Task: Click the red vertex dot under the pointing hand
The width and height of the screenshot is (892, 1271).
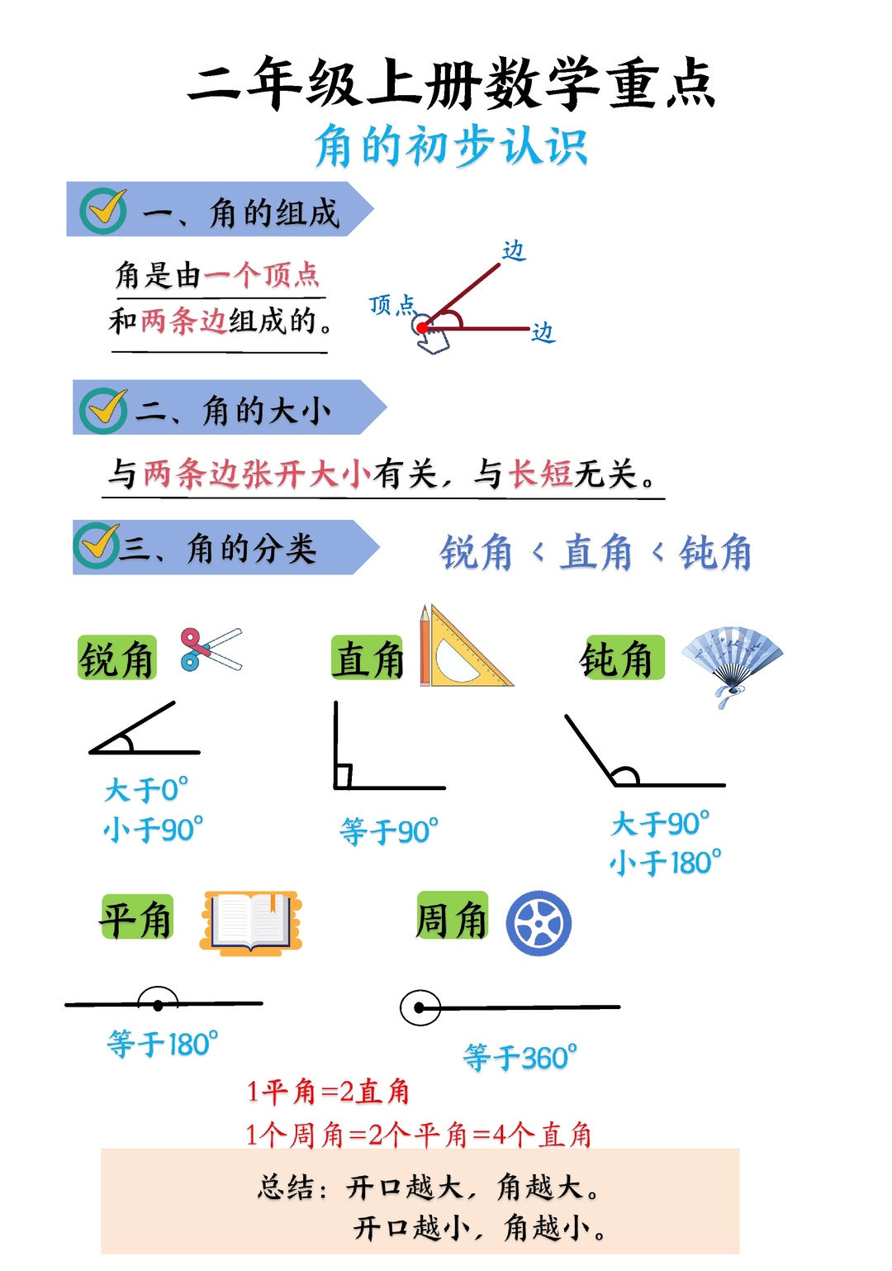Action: click(x=422, y=327)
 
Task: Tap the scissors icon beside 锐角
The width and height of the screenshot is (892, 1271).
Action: click(x=211, y=649)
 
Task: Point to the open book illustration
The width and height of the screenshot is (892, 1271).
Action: click(x=250, y=922)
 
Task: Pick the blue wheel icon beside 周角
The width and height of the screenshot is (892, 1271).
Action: click(x=539, y=923)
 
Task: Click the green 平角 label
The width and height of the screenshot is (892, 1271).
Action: click(x=137, y=917)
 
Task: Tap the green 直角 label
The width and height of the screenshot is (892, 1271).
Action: click(x=367, y=658)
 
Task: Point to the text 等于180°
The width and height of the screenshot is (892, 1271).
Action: click(x=163, y=1043)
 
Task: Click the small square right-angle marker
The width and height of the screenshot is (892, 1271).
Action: click(x=343, y=776)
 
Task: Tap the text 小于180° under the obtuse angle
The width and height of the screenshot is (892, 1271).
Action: click(x=665, y=863)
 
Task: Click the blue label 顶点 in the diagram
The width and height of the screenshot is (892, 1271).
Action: click(x=392, y=305)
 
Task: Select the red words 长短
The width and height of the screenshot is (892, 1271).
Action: click(x=540, y=474)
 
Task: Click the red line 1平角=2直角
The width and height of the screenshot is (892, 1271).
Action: click(x=328, y=1092)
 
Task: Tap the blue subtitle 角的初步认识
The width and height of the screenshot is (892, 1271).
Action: click(x=451, y=145)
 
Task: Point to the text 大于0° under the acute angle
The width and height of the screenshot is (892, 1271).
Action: click(x=145, y=789)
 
